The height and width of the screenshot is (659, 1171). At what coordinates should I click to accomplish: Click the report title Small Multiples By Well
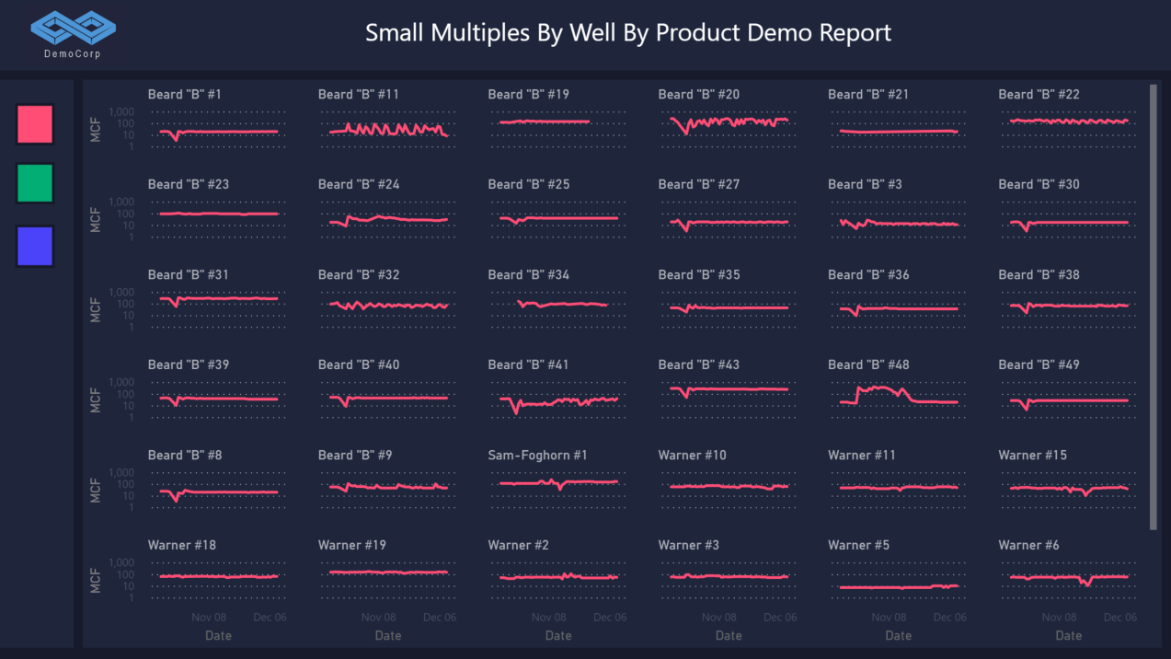click(x=627, y=33)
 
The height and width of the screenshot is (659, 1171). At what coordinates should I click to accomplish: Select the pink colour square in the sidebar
click(x=35, y=124)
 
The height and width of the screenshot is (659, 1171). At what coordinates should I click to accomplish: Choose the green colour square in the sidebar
click(x=35, y=183)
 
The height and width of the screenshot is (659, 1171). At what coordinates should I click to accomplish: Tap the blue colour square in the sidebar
click(x=35, y=246)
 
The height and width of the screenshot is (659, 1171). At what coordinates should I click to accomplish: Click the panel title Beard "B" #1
click(x=184, y=94)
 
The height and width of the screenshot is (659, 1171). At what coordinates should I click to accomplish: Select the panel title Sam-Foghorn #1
click(x=537, y=455)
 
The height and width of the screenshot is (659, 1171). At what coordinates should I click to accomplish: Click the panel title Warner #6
click(x=1028, y=545)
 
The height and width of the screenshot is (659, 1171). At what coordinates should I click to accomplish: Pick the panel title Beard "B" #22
click(x=1039, y=94)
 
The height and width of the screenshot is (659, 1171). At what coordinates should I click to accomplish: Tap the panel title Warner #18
click(x=182, y=545)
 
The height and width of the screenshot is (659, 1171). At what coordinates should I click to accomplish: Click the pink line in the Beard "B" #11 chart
click(x=386, y=130)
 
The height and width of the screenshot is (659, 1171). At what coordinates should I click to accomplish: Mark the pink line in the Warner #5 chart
click(x=883, y=587)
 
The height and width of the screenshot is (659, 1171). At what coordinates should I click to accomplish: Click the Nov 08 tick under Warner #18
click(x=209, y=618)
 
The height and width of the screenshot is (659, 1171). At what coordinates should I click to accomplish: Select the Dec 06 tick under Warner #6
click(x=1119, y=618)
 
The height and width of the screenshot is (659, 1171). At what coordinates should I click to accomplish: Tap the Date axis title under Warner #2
click(x=558, y=635)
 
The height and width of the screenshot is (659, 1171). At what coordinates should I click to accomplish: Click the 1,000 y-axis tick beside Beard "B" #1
click(x=121, y=112)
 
